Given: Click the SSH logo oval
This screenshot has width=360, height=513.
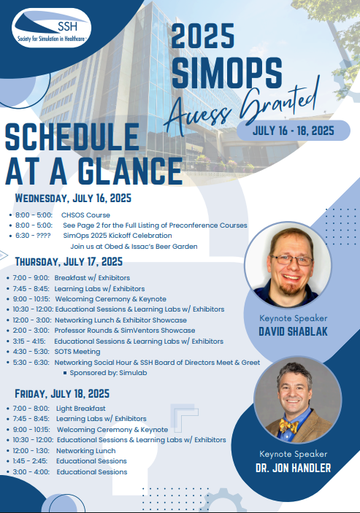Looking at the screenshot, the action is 51,28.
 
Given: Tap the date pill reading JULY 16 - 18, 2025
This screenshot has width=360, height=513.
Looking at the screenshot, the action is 294,131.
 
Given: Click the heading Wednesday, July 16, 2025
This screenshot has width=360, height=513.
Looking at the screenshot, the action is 73,198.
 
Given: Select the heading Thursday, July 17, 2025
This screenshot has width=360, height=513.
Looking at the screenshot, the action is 69,262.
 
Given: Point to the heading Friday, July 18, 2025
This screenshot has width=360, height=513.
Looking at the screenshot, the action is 62,393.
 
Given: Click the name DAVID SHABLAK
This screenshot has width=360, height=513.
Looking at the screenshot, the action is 294,331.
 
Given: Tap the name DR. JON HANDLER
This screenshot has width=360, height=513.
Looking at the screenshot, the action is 294,468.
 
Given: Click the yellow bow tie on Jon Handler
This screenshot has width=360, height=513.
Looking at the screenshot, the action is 288,426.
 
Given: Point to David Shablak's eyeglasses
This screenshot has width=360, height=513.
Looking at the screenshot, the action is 291,260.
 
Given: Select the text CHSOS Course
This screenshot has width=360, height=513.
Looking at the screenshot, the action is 85,215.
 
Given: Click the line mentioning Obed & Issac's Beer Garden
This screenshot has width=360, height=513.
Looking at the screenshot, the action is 134,247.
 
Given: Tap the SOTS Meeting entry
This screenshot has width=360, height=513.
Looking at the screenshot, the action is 77,352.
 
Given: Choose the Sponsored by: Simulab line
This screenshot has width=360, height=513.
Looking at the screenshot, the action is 108,373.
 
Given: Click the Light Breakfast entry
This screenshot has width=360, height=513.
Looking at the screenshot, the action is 81,409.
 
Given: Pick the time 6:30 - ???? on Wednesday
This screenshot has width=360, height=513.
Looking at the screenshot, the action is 33,236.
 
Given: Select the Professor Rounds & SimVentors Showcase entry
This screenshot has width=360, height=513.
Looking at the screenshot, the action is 125,331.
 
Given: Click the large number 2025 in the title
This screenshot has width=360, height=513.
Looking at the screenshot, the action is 203,36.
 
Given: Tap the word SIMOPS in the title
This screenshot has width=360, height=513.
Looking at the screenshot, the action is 227,73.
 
